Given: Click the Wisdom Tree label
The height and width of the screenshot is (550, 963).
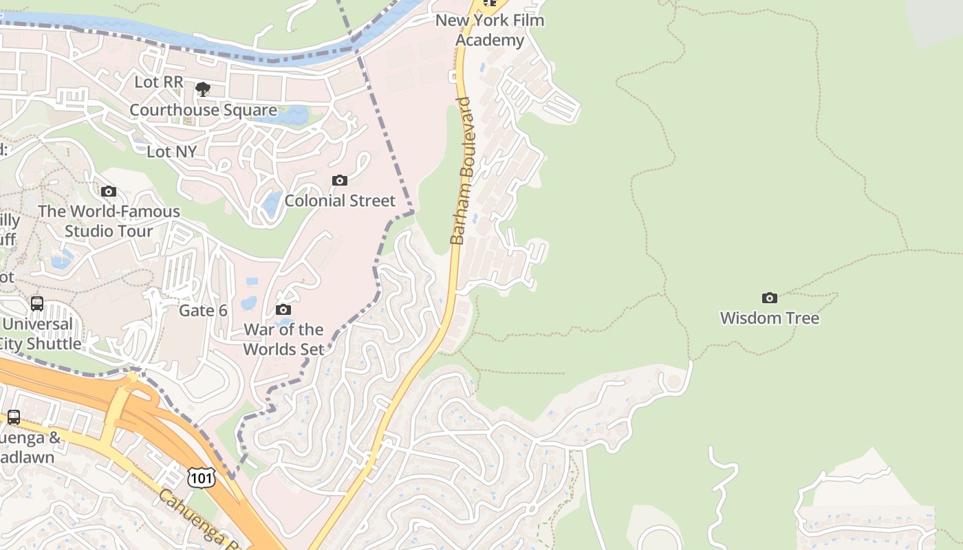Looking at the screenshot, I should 769,318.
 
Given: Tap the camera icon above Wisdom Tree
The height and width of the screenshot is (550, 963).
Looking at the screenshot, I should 770,298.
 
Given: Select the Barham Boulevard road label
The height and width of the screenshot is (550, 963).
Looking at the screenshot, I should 463,171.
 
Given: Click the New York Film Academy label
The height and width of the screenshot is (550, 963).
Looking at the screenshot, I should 490,30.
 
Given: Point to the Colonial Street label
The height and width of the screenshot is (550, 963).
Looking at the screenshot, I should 340,201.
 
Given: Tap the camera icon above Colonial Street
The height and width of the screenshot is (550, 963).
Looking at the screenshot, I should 340,181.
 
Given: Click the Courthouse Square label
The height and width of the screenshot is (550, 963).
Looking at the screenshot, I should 203,110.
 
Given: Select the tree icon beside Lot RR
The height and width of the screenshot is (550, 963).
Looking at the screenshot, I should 203,89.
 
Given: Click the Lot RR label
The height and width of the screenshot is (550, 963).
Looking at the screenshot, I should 159,82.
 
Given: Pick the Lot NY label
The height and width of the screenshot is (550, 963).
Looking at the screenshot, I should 171,151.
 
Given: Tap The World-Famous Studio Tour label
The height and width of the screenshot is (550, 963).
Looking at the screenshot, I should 109,221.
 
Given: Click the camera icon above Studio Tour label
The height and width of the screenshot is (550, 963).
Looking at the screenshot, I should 109,192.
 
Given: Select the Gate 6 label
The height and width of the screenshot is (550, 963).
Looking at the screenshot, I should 203,311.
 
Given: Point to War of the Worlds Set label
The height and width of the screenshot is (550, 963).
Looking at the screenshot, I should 283,339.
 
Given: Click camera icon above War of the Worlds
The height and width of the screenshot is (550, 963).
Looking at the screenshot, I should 283,310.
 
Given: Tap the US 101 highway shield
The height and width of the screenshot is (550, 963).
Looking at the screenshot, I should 202,477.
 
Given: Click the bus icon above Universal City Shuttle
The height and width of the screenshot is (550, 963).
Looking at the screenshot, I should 37,303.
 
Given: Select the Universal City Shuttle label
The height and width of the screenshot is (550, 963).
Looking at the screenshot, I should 41,333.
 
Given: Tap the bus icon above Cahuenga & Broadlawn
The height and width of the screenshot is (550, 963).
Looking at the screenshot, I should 14,417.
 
